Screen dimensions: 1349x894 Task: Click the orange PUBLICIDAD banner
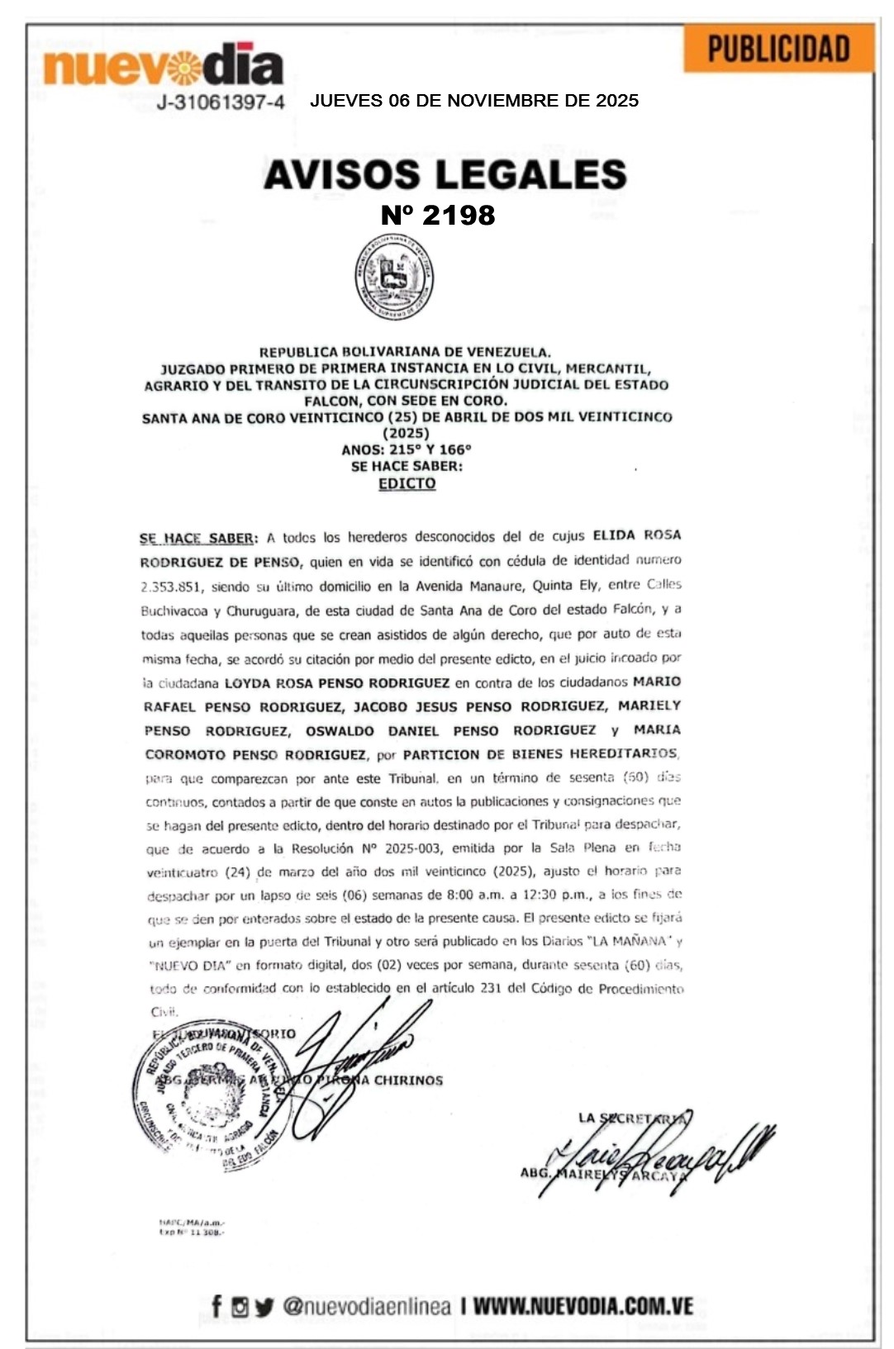[x=778, y=49]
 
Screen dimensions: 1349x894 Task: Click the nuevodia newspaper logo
[x=163, y=64]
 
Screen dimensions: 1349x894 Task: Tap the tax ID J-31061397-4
[x=221, y=102]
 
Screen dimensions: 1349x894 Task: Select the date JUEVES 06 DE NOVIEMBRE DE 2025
[x=473, y=101]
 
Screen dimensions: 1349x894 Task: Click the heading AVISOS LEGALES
[x=445, y=174]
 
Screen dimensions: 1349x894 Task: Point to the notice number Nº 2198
[x=438, y=215]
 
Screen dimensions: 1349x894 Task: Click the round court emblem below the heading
[x=394, y=278]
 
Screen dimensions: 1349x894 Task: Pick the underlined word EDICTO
[x=407, y=483]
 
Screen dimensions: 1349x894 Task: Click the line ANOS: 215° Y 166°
[x=406, y=449]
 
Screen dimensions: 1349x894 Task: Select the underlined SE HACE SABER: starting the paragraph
[x=197, y=539]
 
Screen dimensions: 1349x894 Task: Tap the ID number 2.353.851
[x=171, y=587]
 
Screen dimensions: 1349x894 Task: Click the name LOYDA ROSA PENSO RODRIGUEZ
[x=337, y=683]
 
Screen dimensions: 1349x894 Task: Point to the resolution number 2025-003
[x=413, y=848]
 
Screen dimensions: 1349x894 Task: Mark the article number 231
[x=490, y=988]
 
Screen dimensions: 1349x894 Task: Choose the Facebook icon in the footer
[x=216, y=1306]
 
